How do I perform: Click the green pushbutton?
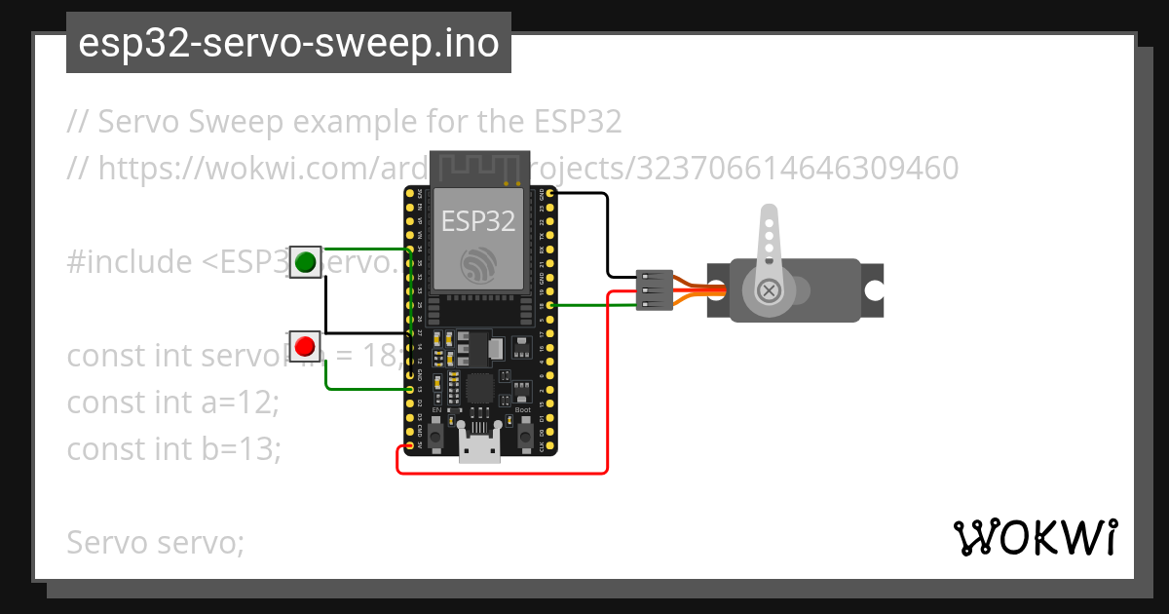point(306,261)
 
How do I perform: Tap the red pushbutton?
point(306,345)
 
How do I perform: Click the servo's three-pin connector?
point(653,289)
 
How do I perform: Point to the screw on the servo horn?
point(770,290)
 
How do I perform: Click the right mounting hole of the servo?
point(874,289)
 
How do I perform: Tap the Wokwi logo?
point(1035,537)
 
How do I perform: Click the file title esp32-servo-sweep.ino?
point(288,44)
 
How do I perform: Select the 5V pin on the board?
point(408,447)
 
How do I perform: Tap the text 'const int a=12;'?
point(172,403)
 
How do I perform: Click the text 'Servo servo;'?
point(155,542)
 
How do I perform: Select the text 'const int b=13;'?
point(173,448)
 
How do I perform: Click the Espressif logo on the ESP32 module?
point(478,264)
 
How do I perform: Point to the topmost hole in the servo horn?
point(769,223)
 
